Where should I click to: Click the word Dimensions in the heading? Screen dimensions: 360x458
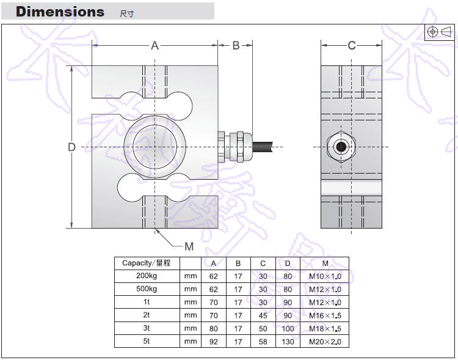60,12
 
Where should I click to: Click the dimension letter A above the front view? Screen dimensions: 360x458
155,45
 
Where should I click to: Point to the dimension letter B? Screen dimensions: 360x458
236,45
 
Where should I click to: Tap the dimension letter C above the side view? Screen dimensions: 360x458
352,45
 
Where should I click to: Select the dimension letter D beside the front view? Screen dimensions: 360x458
71,147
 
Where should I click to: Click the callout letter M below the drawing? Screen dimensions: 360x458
189,246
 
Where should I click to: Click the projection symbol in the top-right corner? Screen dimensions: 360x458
439,32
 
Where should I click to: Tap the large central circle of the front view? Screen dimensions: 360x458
155,147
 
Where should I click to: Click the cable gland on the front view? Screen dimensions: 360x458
236,147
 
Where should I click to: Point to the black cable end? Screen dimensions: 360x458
268,147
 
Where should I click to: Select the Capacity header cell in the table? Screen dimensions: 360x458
147,263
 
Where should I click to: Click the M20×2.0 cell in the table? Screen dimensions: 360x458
325,342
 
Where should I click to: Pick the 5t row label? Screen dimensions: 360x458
147,342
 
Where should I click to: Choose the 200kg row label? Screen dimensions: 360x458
147,276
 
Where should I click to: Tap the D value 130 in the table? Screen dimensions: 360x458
288,342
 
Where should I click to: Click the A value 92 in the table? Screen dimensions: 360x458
214,342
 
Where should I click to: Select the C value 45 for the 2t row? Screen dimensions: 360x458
263,315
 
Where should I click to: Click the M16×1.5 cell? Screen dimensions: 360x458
325,315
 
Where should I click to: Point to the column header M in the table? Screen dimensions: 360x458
325,263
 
